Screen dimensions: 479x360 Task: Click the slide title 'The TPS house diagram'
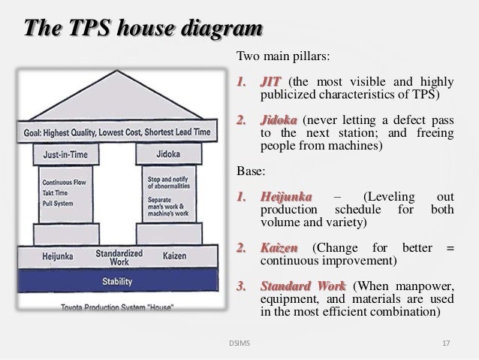(x=143, y=29)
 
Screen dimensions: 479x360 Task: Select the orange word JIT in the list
(x=270, y=82)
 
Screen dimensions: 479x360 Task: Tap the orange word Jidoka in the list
(x=278, y=120)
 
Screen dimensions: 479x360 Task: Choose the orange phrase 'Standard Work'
(x=303, y=286)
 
